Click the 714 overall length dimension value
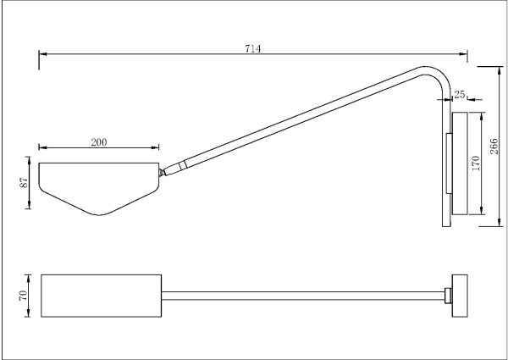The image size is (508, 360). click(252, 49)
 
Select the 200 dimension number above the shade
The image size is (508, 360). click(98, 142)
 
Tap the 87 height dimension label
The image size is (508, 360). click(25, 182)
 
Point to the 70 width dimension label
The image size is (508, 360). click(25, 296)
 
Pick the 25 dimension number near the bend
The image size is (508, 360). click(460, 94)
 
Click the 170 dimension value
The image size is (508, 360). click(476, 163)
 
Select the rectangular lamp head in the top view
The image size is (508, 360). click(101, 296)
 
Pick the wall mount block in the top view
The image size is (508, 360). click(461, 295)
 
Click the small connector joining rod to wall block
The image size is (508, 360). click(448, 296)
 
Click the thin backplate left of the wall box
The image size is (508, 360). click(449, 163)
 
